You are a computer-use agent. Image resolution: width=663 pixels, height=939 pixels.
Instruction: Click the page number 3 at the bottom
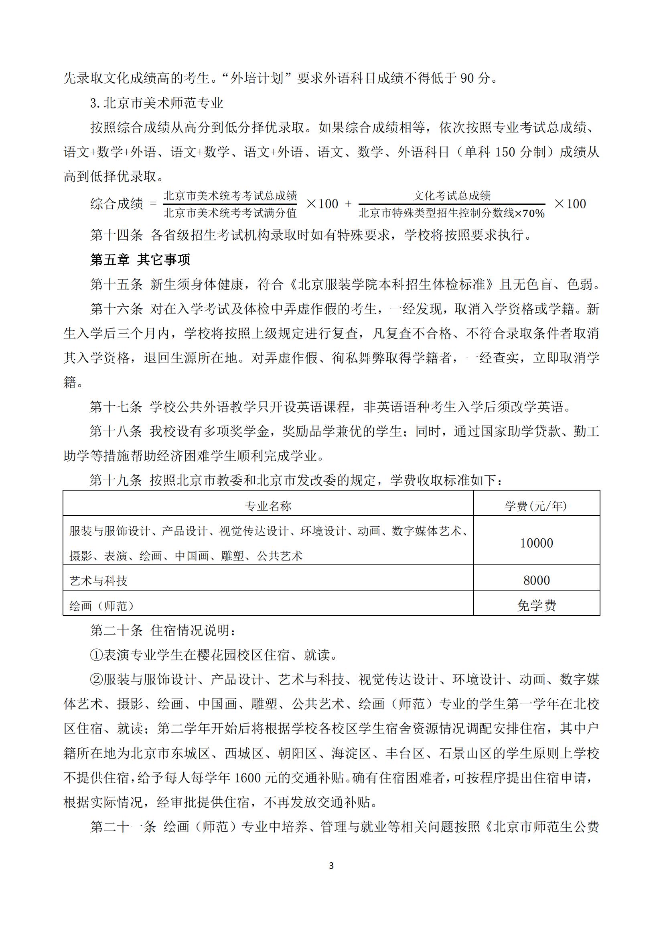point(331,866)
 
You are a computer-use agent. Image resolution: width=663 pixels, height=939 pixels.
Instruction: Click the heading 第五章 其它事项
point(140,260)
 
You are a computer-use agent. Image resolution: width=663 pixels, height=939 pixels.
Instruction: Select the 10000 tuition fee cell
point(536,543)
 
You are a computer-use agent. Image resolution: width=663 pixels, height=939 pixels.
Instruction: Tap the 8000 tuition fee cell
point(536,581)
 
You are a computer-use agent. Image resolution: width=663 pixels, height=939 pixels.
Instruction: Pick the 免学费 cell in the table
point(536,605)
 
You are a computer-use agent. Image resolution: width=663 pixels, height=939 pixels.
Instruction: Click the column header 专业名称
point(268,506)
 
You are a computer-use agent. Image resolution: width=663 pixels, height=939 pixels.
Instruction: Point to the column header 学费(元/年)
point(536,506)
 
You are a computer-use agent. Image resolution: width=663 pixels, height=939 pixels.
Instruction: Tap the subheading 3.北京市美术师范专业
point(157,103)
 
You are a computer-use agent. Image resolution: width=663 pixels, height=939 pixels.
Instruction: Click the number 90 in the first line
point(468,78)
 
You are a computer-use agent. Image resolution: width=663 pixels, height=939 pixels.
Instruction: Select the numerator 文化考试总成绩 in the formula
point(452,196)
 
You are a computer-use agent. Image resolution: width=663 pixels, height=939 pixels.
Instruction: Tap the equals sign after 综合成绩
point(153,204)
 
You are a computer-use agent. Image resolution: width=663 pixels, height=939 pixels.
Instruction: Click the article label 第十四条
point(116,235)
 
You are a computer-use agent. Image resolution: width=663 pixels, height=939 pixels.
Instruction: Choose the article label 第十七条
point(116,407)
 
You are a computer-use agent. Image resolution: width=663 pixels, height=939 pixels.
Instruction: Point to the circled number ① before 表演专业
point(96,655)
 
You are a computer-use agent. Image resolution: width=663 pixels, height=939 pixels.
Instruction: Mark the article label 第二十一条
point(123,827)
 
